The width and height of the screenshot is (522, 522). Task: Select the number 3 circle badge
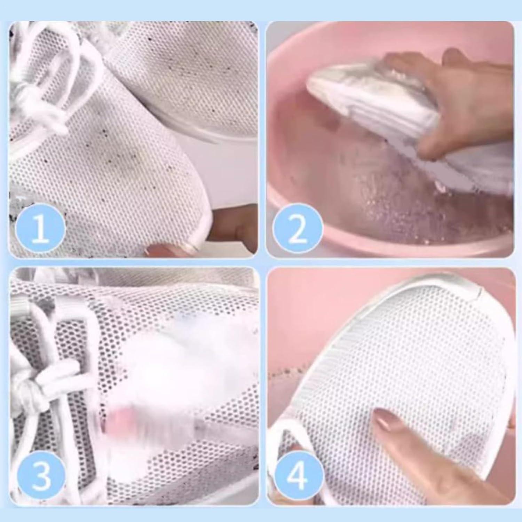pos(41,475)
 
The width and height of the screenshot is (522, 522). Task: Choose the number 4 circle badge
pos(296,475)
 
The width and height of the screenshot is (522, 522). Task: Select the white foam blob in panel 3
pos(181,365)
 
